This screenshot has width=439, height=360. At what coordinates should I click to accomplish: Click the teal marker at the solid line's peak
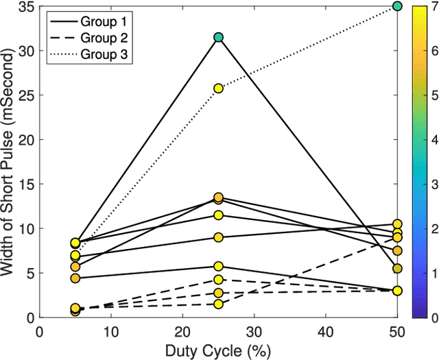[x=218, y=37]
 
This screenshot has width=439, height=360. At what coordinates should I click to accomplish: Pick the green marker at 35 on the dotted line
[x=397, y=6]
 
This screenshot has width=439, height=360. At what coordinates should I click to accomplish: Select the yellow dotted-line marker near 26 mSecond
[x=218, y=88]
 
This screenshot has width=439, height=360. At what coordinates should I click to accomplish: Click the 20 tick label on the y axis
[x=27, y=140]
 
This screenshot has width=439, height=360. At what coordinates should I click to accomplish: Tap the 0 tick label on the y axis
[x=31, y=318]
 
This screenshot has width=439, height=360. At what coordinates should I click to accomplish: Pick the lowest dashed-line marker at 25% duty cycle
[x=218, y=304]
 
